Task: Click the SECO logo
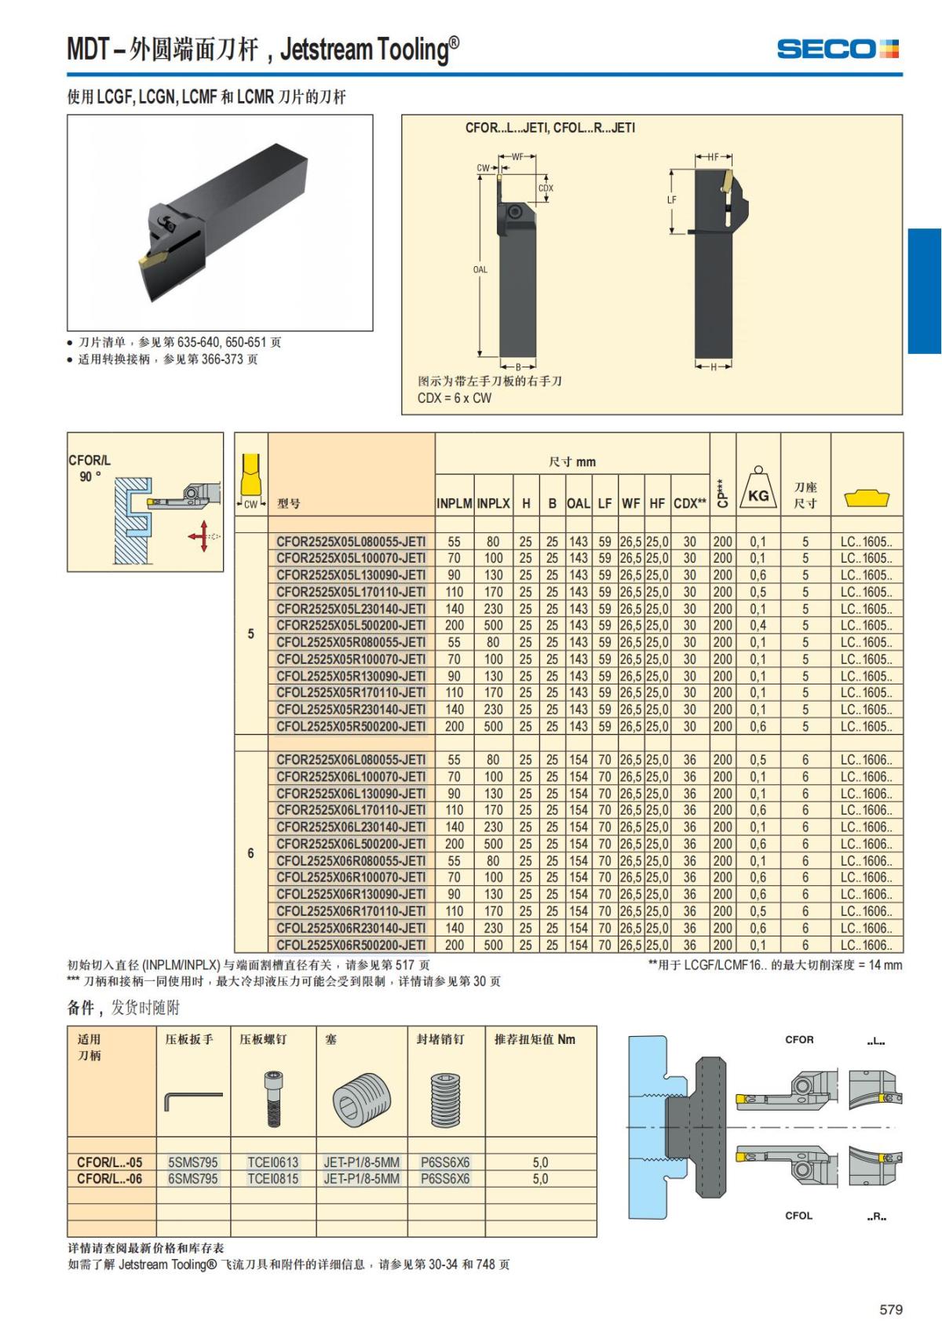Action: [x=837, y=49]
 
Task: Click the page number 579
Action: [x=891, y=1309]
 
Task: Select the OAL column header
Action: [x=579, y=504]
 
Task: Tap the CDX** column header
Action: [x=689, y=504]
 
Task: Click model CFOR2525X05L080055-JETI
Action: [x=351, y=542]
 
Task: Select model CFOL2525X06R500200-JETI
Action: [x=351, y=945]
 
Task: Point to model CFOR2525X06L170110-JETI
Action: [x=351, y=810]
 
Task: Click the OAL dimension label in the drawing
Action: [x=480, y=270]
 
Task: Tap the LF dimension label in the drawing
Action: [x=672, y=200]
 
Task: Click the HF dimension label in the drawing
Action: [x=713, y=157]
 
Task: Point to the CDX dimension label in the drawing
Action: [x=546, y=188]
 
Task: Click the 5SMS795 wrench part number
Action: [x=193, y=1162]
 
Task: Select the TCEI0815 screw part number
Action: [x=273, y=1179]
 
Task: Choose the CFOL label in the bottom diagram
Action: [x=799, y=1216]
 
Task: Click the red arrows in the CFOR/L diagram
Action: [x=202, y=536]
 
